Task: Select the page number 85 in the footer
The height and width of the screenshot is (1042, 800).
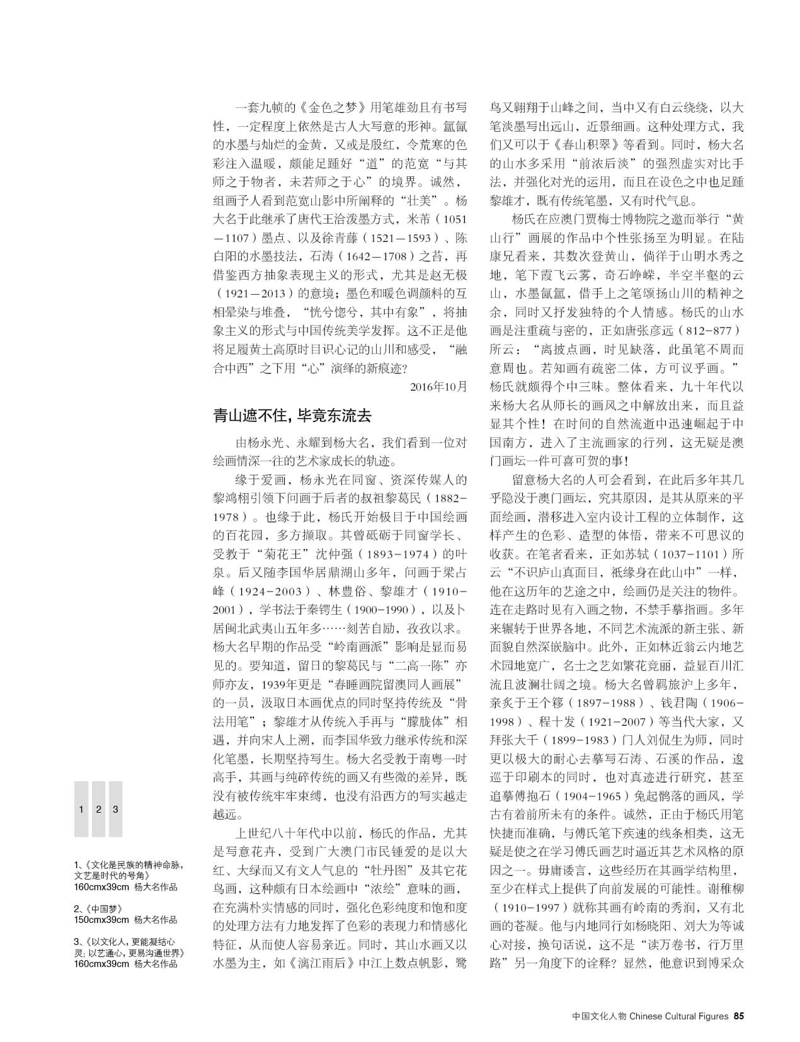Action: pos(740,1016)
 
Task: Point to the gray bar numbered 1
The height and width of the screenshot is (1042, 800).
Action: pos(81,809)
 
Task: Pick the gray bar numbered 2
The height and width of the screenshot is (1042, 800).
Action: pos(98,809)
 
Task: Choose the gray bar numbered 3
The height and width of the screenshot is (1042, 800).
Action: pos(115,809)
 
